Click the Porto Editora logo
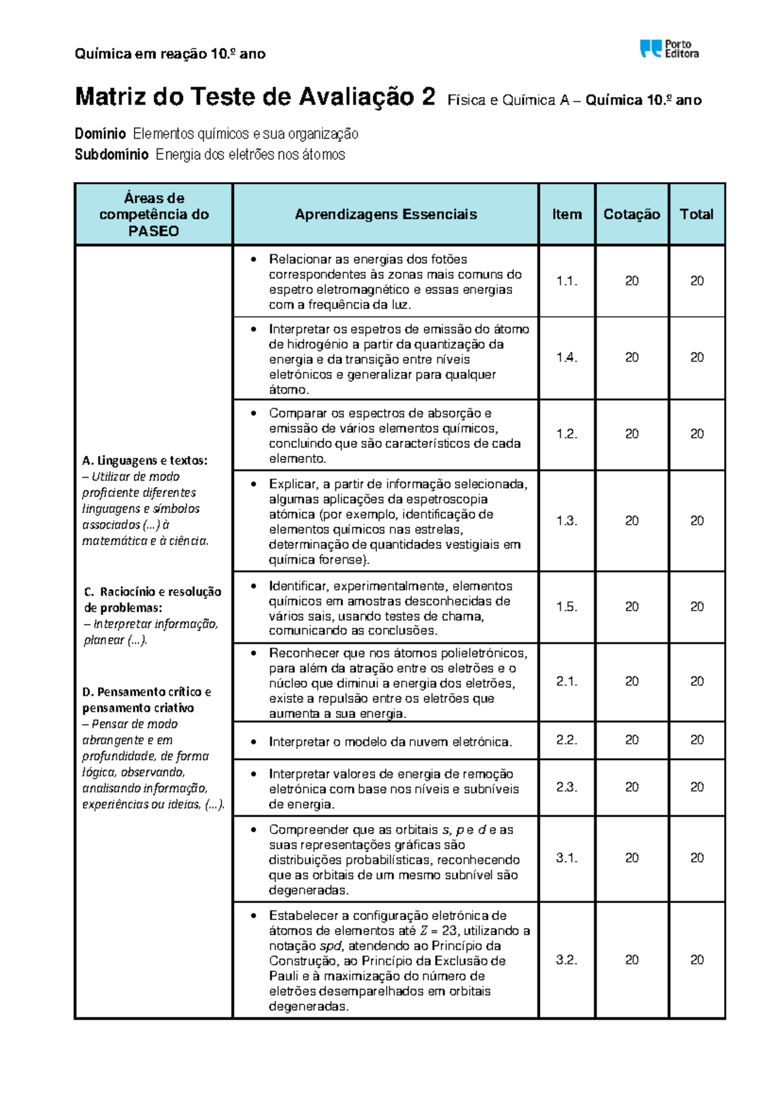pos(669,49)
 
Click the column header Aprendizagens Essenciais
pos(385,215)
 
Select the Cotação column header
pos(631,215)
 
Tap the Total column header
pos(696,215)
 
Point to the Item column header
pos(567,215)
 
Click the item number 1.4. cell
pos(567,358)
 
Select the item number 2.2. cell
pos(567,740)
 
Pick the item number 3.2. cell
pos(567,960)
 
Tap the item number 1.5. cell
pos(567,607)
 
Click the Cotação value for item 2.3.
pos(632,787)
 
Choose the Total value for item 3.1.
pos(697,858)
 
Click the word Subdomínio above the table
pos(111,155)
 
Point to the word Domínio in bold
pos(100,134)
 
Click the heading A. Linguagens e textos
pos(144,460)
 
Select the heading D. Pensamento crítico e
pos(146,692)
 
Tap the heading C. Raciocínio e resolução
pos(153,592)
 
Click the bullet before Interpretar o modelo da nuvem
pos(254,742)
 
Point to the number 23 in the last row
pos(450,930)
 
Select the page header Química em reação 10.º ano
pos(170,54)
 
